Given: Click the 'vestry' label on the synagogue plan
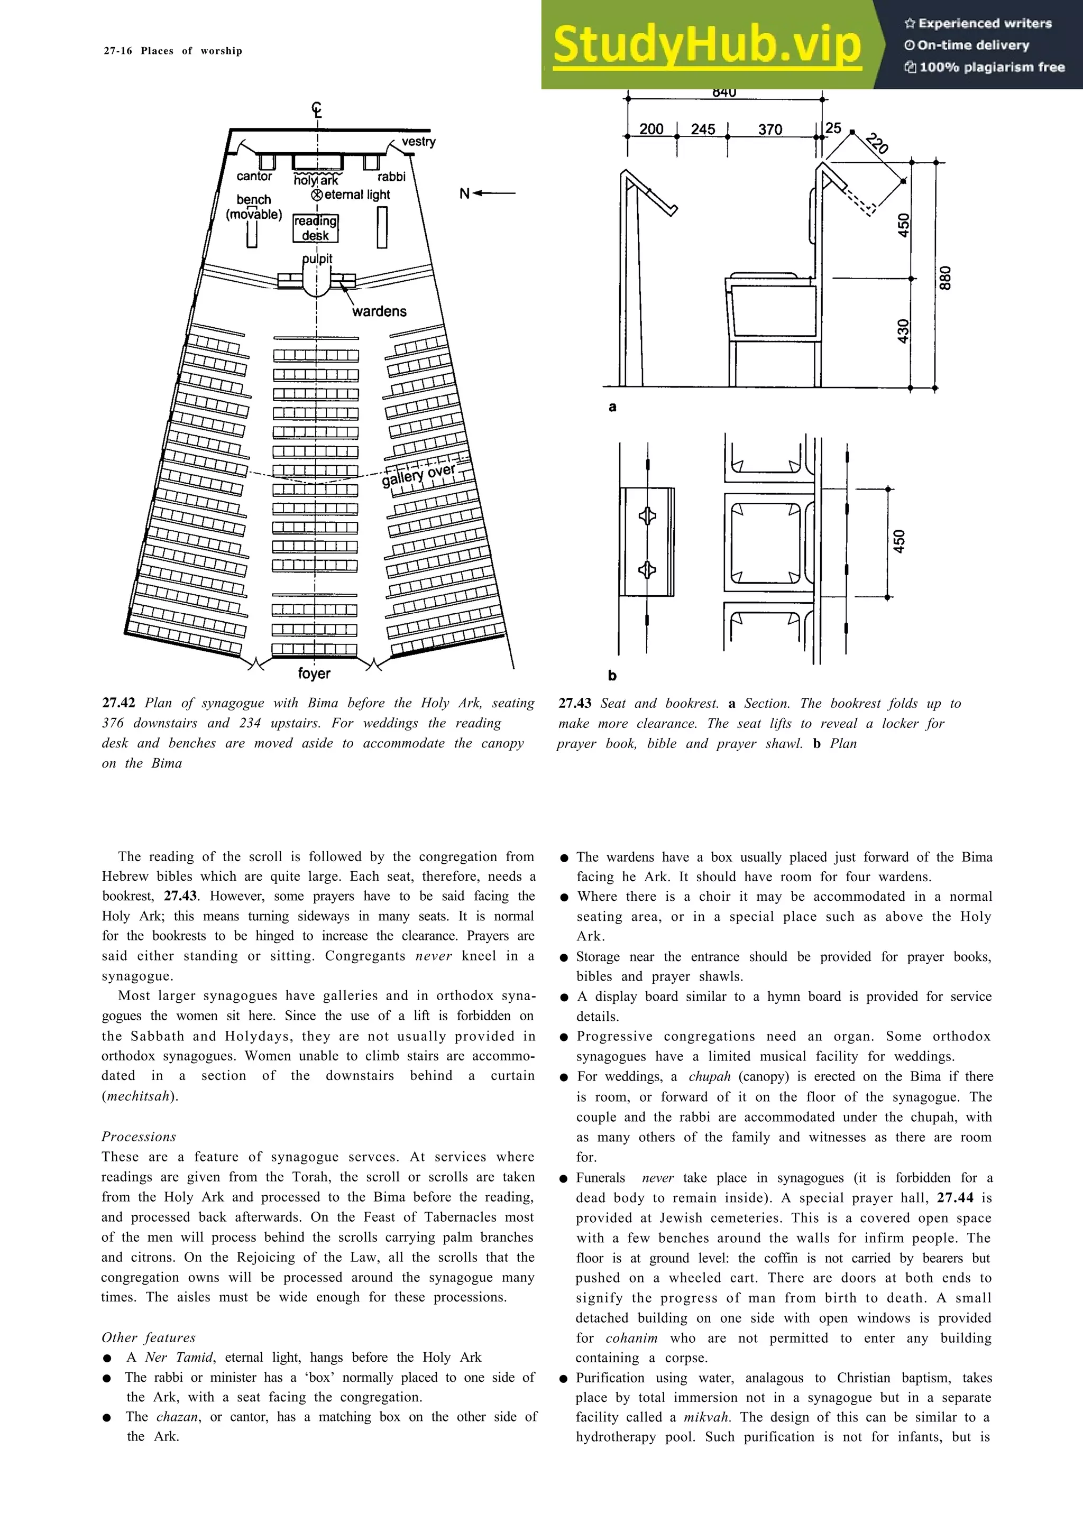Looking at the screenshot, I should click(x=418, y=142).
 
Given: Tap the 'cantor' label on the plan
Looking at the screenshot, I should click(x=254, y=176).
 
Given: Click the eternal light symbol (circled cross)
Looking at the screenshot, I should click(x=317, y=195).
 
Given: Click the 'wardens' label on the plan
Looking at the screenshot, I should click(x=379, y=311).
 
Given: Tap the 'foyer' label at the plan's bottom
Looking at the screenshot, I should click(x=314, y=673).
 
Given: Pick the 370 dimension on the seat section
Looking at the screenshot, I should click(x=769, y=130).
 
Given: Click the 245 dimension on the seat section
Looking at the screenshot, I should click(x=703, y=130).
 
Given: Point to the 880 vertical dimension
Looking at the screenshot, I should click(x=945, y=278).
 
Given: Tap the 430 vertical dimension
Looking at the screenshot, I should click(x=902, y=331).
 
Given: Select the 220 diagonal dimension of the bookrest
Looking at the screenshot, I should click(x=877, y=143).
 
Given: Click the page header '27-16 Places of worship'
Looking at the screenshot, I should click(x=173, y=51).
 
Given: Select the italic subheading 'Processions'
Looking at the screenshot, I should click(x=139, y=1137).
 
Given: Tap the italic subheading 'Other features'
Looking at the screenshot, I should click(x=148, y=1337).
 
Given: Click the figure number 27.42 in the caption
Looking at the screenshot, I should click(x=119, y=703).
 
